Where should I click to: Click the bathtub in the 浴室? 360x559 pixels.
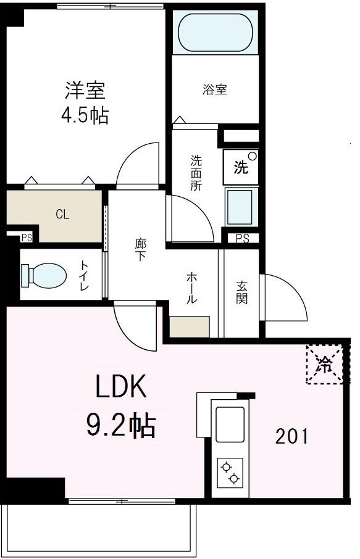tap(215, 33)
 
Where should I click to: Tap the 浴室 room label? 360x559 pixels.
tap(215, 90)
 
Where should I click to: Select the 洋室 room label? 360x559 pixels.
tap(85, 91)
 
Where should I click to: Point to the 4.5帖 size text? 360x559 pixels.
tap(85, 115)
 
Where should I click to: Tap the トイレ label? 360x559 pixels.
tap(85, 276)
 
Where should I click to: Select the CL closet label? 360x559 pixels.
tap(62, 215)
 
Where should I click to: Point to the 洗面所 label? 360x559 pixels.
tap(196, 173)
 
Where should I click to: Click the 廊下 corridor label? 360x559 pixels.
tap(140, 249)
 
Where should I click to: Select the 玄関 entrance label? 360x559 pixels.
tap(241, 293)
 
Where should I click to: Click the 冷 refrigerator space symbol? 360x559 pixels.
tap(324, 364)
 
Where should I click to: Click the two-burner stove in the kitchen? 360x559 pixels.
tap(229, 473)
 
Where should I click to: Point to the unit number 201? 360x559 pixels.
tap(291, 437)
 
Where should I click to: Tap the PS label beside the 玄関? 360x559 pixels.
tap(242, 239)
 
